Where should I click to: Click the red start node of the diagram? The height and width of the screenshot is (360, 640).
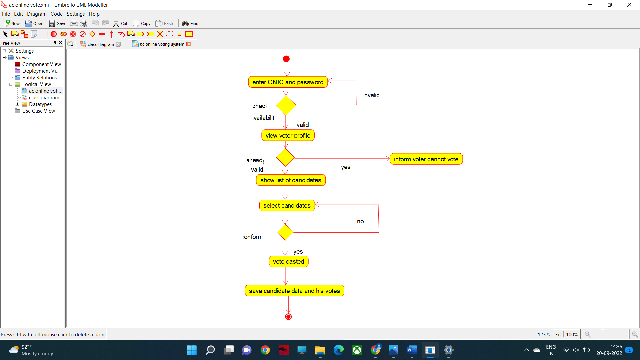(286, 59)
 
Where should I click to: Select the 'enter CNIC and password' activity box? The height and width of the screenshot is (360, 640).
(288, 82)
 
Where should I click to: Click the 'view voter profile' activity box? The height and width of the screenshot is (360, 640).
(288, 136)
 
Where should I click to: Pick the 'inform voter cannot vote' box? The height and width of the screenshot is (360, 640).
(426, 159)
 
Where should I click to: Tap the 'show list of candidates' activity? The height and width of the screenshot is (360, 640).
(291, 180)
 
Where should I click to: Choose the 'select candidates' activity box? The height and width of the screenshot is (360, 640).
(287, 206)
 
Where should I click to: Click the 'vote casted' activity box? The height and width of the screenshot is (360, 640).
(288, 262)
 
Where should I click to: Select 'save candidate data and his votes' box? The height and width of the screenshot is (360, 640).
(294, 291)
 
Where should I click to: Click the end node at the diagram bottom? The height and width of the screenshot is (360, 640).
(288, 317)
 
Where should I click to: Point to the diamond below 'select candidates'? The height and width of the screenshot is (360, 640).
(285, 232)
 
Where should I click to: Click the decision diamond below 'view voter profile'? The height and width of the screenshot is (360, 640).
(285, 157)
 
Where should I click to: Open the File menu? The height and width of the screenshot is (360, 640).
(6, 14)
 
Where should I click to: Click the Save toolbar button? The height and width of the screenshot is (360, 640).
(58, 23)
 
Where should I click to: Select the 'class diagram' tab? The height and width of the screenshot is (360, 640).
(100, 44)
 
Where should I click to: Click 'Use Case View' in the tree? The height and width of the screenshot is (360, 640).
(38, 111)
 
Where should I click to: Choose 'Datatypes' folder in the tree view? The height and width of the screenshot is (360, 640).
(40, 104)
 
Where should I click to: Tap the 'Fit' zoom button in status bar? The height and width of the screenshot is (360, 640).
(558, 334)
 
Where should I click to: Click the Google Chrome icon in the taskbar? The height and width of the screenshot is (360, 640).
(265, 350)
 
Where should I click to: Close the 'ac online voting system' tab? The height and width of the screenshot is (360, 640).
(189, 44)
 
